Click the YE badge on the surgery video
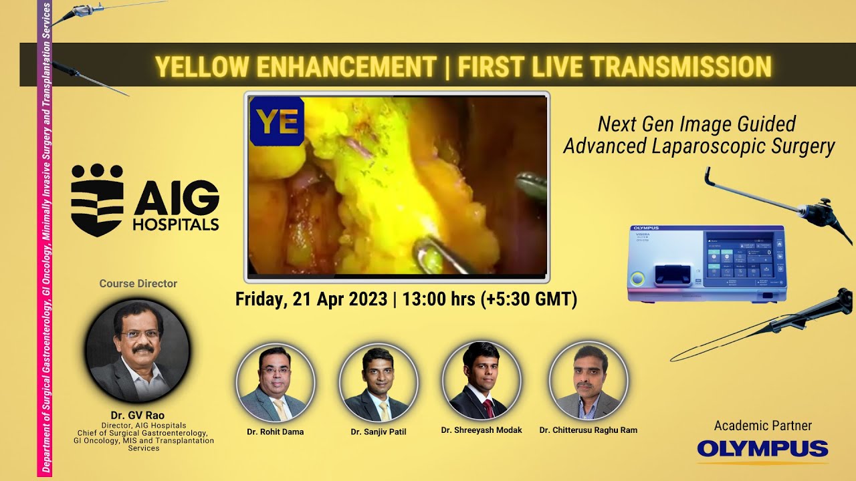click(277, 121)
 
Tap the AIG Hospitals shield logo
click(97, 200)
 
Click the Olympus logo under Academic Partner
click(762, 450)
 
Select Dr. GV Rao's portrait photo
click(138, 351)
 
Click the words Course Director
click(138, 284)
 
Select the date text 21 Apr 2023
click(340, 299)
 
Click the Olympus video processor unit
click(707, 264)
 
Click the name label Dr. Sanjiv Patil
click(379, 432)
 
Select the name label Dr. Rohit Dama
click(275, 432)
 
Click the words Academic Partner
click(762, 426)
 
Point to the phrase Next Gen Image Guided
click(697, 124)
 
